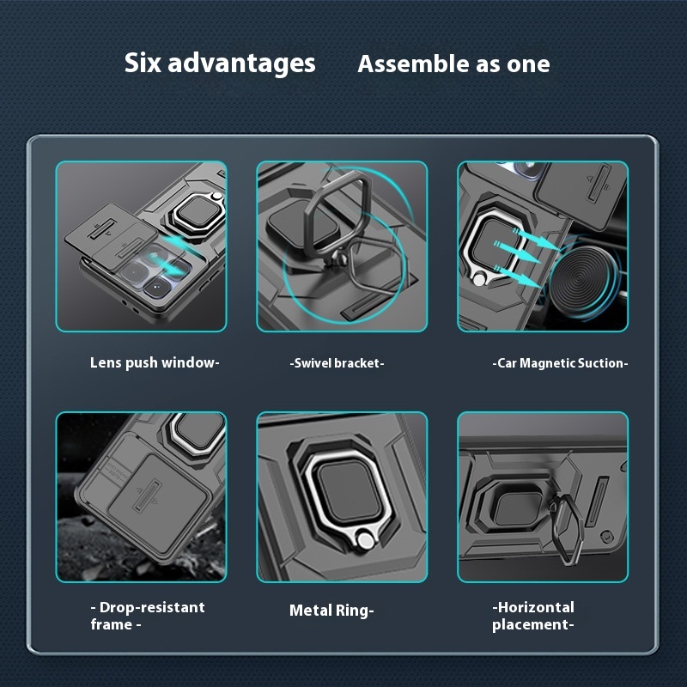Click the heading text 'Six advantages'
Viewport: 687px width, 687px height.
click(x=220, y=64)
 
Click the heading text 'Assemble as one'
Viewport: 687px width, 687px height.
click(x=453, y=64)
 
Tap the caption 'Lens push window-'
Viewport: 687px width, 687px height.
click(x=155, y=363)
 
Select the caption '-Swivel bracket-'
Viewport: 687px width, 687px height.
click(x=337, y=363)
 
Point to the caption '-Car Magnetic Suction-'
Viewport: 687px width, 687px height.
click(x=560, y=363)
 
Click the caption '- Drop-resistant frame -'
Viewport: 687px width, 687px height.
click(x=148, y=616)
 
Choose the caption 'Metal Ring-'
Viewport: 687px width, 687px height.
click(x=331, y=611)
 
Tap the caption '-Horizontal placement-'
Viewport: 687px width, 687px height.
click(x=532, y=616)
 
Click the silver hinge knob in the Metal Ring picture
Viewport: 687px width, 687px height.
click(x=364, y=540)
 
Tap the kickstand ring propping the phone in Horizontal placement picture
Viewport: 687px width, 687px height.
click(x=567, y=529)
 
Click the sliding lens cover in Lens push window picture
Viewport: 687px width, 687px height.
click(x=110, y=234)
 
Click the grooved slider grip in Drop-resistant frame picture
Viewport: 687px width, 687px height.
click(x=147, y=495)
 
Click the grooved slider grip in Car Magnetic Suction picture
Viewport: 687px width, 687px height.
click(x=599, y=183)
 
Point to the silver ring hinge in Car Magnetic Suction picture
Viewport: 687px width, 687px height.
click(x=479, y=279)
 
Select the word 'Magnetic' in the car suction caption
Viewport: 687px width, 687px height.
click(x=547, y=363)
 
